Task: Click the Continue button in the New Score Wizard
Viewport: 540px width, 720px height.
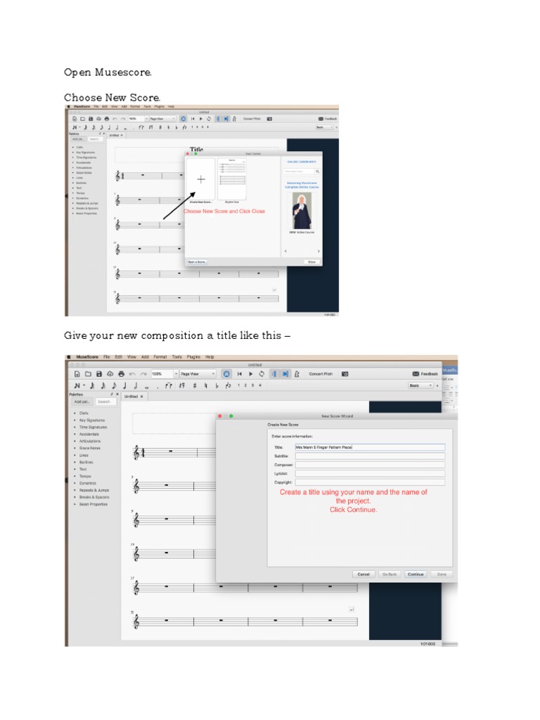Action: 416,574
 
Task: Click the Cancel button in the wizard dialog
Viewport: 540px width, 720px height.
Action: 363,574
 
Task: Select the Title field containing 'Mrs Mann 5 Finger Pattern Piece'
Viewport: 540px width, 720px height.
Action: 370,447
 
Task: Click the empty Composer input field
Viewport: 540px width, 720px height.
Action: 370,465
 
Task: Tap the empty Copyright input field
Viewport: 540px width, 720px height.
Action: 370,482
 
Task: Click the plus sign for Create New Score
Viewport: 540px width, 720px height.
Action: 201,179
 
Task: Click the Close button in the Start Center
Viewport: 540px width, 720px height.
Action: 311,262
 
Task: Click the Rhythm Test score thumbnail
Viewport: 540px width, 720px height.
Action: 232,179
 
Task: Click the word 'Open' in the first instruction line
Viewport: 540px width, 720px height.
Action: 78,72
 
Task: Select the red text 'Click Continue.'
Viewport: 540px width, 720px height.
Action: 353,510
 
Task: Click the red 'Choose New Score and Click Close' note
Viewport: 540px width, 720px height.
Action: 224,211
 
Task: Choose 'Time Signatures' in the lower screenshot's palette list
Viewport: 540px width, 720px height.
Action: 93,427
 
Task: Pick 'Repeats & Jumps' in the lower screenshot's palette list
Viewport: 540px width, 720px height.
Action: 94,490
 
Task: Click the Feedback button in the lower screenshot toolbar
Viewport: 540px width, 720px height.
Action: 425,374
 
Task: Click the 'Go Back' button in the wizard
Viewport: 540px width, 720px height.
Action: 389,574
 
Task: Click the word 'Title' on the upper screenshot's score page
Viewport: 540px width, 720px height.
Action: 197,150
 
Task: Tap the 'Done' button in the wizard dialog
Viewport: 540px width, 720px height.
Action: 441,574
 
